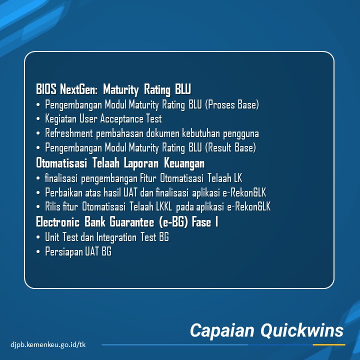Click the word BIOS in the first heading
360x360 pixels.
pos(46,89)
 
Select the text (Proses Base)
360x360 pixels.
pos(232,104)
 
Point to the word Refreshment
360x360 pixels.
pos(69,133)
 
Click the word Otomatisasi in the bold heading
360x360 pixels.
pos(61,163)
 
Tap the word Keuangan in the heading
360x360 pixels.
pos(184,163)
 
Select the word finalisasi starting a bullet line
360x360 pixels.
pos(61,178)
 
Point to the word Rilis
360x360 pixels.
pos(52,206)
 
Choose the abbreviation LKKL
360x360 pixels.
pos(164,206)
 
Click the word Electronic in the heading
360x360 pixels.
pos(58,222)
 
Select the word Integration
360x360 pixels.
pos(116,237)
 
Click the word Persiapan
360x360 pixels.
pos(63,251)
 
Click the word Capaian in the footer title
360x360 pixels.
pos(222,331)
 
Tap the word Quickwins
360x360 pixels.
pos(302,330)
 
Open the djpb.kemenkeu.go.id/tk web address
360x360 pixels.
pos(48,344)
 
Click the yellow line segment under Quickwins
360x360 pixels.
pos(329,344)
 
